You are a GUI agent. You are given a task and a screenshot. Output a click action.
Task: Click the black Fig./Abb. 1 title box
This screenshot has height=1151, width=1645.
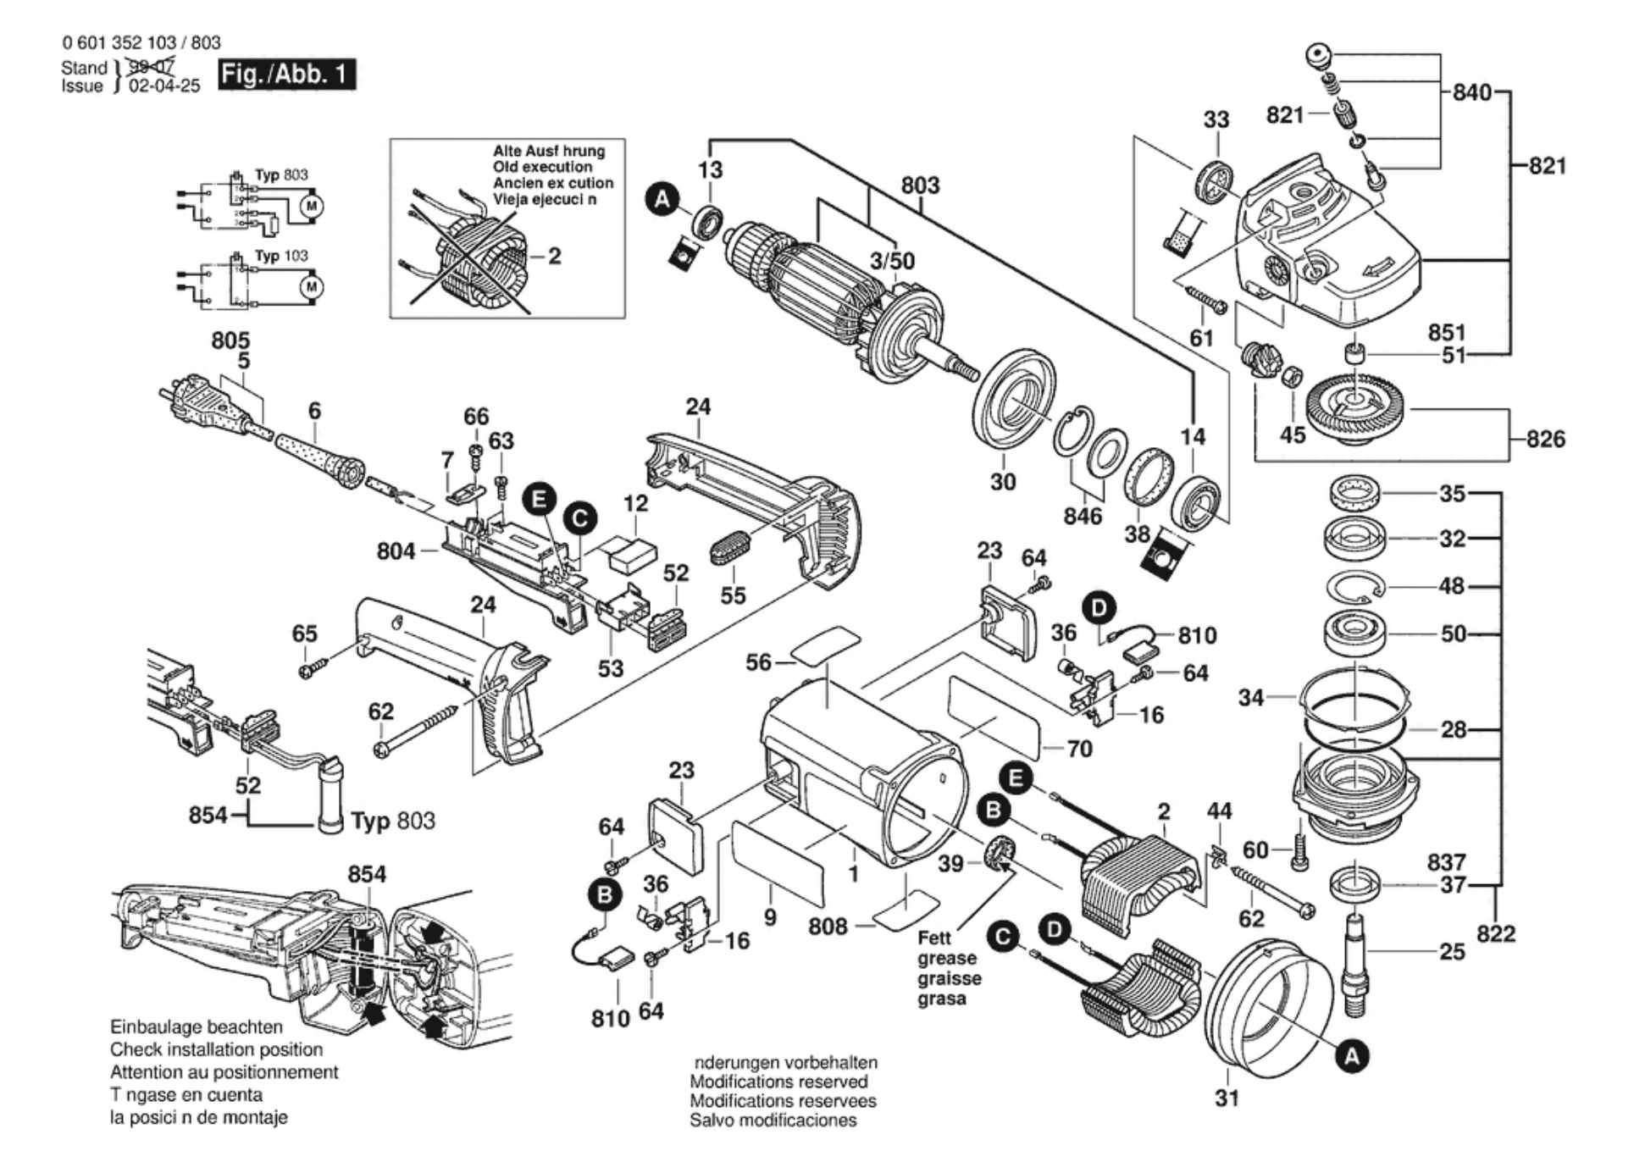286,75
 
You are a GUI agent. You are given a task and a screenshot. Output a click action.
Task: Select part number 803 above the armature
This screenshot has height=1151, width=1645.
920,185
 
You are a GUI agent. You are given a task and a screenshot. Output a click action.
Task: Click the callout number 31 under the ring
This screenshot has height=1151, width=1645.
1227,1098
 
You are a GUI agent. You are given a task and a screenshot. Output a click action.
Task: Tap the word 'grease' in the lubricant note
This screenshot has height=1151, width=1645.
947,959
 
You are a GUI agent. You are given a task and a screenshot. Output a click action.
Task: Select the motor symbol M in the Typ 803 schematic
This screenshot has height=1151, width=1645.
312,206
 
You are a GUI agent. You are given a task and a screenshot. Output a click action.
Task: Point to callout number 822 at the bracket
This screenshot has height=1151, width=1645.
1495,933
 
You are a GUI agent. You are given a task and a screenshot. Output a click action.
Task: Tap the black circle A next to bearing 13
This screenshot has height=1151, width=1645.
662,200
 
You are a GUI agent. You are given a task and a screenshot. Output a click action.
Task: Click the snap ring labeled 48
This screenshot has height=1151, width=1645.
1354,586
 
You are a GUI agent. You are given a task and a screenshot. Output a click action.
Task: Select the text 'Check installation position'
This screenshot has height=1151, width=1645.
216,1049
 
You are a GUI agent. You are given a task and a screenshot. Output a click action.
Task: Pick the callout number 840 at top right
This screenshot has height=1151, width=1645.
1471,92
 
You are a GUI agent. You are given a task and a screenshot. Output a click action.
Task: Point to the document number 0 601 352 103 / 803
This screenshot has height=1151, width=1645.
141,42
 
